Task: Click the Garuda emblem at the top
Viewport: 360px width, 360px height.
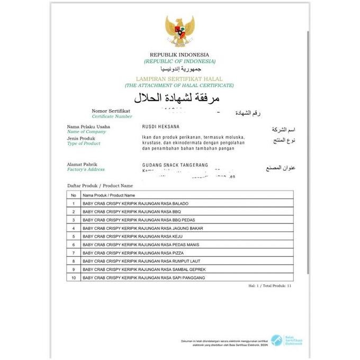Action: click(x=179, y=31)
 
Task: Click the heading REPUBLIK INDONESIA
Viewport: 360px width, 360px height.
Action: click(x=179, y=55)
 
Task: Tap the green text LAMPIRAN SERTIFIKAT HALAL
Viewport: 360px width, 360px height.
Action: click(x=179, y=78)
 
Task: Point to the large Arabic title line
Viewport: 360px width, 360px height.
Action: click(x=176, y=98)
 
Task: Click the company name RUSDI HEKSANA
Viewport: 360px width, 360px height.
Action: click(x=161, y=127)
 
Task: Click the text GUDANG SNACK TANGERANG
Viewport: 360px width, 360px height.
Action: click(x=175, y=165)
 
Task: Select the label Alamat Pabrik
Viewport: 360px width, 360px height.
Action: click(x=82, y=164)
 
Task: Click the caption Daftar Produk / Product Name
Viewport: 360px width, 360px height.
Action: click(x=100, y=185)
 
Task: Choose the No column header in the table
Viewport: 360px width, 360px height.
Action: click(x=74, y=195)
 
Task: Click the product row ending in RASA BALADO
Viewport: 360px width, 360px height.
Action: click(x=136, y=204)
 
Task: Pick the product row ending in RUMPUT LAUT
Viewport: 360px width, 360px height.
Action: click(x=141, y=262)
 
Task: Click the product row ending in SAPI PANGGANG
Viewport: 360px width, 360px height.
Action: click(x=143, y=278)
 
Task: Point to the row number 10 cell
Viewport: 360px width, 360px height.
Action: click(x=74, y=278)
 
